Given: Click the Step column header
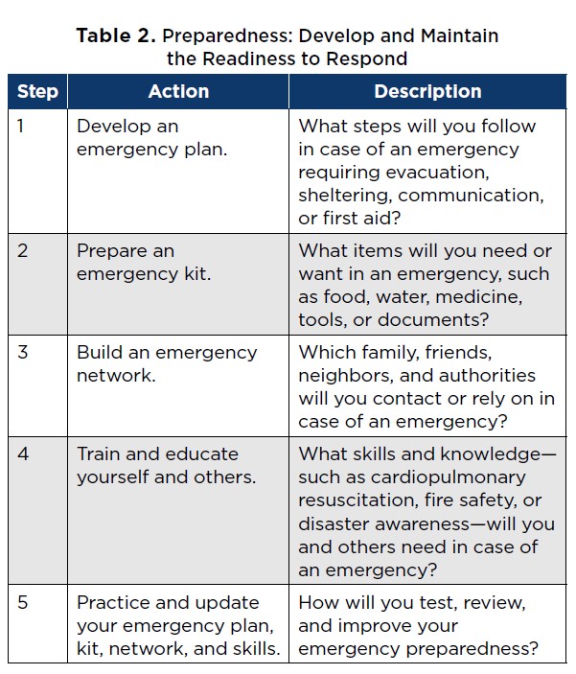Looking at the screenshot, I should click(37, 92).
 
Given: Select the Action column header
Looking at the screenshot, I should click(178, 92).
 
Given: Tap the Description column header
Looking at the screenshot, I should click(427, 92).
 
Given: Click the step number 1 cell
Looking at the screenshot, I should click(23, 126).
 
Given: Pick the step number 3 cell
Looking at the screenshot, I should click(24, 352).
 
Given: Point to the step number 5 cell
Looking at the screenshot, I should click(24, 603).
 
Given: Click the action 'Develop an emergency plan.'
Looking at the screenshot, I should click(152, 137).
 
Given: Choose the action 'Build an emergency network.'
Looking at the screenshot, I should click(167, 363).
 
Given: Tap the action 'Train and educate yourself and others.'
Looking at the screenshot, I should click(167, 465).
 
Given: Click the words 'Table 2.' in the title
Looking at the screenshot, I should click(117, 36).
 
